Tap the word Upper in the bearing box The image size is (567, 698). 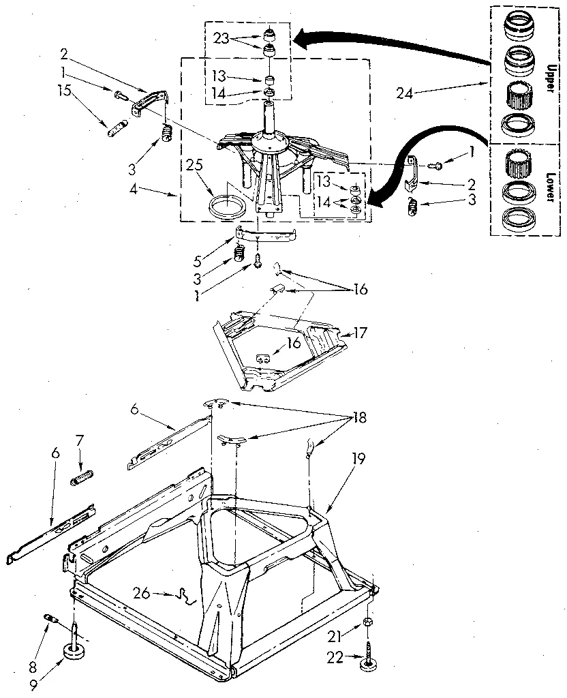[550, 75]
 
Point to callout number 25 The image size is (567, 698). [196, 166]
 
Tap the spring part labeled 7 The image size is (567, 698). [82, 474]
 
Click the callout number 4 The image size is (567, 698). [152, 193]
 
